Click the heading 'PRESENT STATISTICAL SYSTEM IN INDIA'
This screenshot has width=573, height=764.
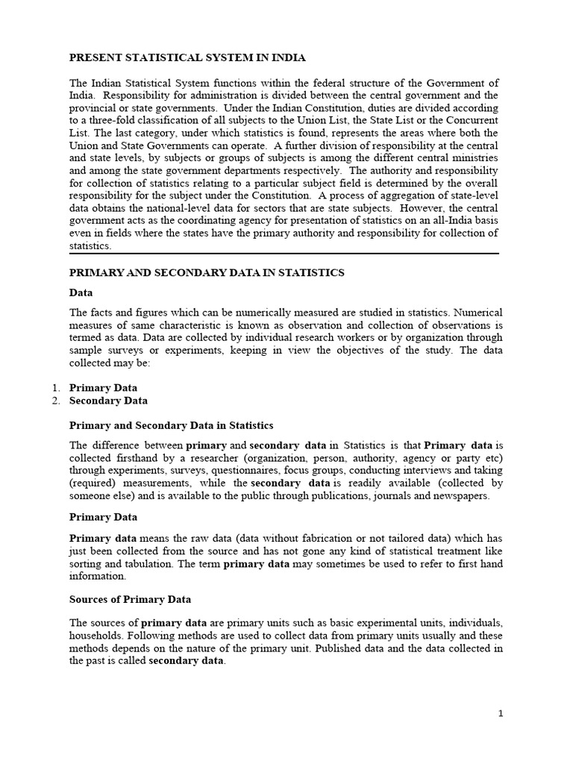click(177, 57)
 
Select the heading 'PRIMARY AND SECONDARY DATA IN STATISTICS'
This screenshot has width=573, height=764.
click(207, 273)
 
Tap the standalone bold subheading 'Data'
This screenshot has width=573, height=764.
click(81, 292)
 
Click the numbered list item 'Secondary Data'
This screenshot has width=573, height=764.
click(108, 401)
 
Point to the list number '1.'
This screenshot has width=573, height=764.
click(57, 388)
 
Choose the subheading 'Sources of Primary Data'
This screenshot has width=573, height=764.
click(130, 599)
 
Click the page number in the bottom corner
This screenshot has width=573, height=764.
click(501, 713)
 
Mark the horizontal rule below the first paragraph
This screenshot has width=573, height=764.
click(284, 254)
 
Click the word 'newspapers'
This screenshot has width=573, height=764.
click(463, 495)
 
